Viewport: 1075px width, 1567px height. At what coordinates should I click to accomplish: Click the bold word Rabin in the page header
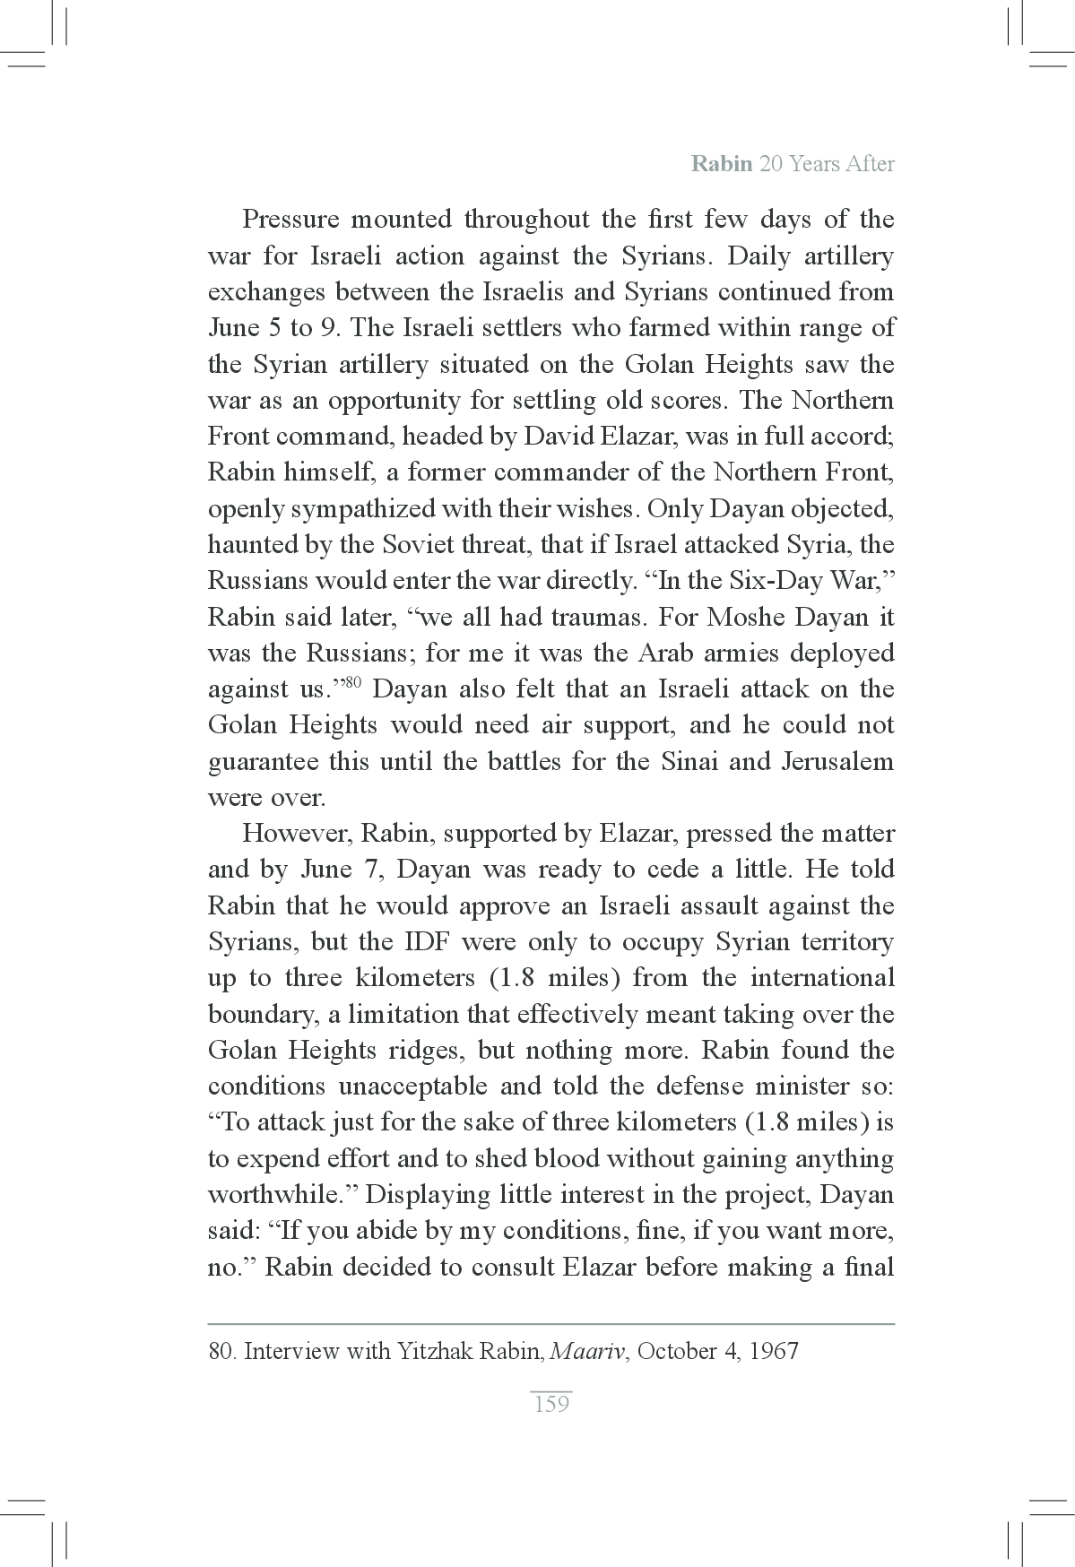pyautogui.click(x=722, y=164)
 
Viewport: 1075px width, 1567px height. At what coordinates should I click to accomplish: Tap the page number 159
pyautogui.click(x=551, y=1403)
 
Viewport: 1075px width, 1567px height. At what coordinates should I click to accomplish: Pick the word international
pyautogui.click(x=822, y=978)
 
